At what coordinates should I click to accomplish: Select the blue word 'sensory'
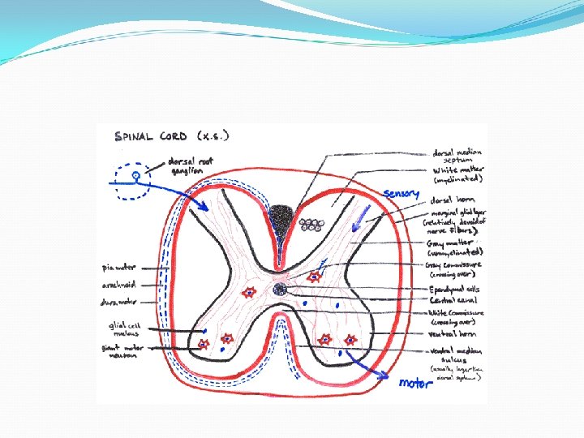click(401, 193)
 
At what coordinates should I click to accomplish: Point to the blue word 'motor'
click(415, 382)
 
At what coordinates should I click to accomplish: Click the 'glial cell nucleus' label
click(124, 328)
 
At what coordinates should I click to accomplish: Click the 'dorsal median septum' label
click(457, 156)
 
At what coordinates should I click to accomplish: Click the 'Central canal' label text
click(455, 299)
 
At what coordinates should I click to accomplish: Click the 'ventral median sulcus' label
click(458, 356)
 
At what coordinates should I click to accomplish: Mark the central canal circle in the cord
click(280, 289)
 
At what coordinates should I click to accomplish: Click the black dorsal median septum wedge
click(282, 219)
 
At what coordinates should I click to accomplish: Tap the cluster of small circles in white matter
click(310, 224)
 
